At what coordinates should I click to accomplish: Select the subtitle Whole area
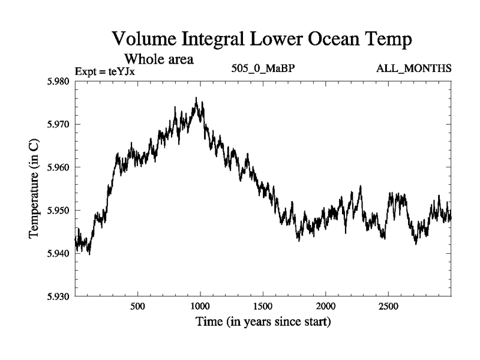[x=158, y=59]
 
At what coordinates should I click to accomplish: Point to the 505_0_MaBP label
[x=263, y=68]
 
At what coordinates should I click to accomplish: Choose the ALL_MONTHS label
[x=413, y=68]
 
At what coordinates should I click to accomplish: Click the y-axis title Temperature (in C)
[x=34, y=189]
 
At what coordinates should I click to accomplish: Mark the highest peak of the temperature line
[x=196, y=98]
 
